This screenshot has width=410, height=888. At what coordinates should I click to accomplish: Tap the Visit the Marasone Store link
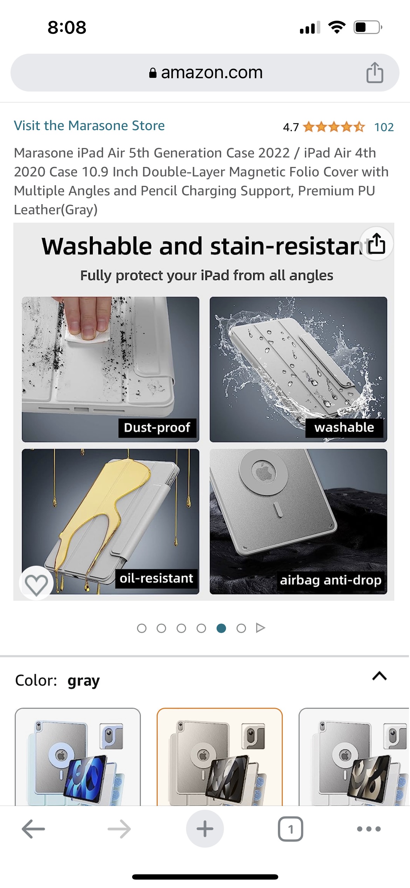tap(89, 126)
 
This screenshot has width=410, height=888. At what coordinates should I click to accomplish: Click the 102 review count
tap(384, 127)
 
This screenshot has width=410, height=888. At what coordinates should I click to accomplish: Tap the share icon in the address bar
tap(375, 72)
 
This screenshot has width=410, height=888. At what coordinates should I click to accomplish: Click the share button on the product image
tap(377, 243)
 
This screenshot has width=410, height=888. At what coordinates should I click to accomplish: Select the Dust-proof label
tap(157, 428)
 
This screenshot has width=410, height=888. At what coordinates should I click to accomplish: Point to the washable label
tap(344, 428)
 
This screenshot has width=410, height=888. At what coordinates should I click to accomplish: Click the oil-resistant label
tap(156, 578)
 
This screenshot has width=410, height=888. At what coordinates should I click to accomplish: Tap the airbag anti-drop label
tap(330, 580)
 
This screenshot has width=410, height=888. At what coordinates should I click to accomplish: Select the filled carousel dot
tap(221, 628)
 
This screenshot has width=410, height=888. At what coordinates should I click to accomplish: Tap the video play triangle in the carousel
tap(260, 628)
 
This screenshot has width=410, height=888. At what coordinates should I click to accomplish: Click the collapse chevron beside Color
tap(380, 676)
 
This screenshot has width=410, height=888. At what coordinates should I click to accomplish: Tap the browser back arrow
tap(33, 829)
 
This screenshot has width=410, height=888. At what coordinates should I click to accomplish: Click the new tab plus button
tap(205, 829)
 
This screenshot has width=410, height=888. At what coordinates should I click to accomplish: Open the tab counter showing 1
tap(291, 829)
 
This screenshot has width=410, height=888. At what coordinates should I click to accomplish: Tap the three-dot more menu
tap(369, 829)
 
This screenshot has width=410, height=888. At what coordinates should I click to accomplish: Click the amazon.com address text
tap(212, 73)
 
